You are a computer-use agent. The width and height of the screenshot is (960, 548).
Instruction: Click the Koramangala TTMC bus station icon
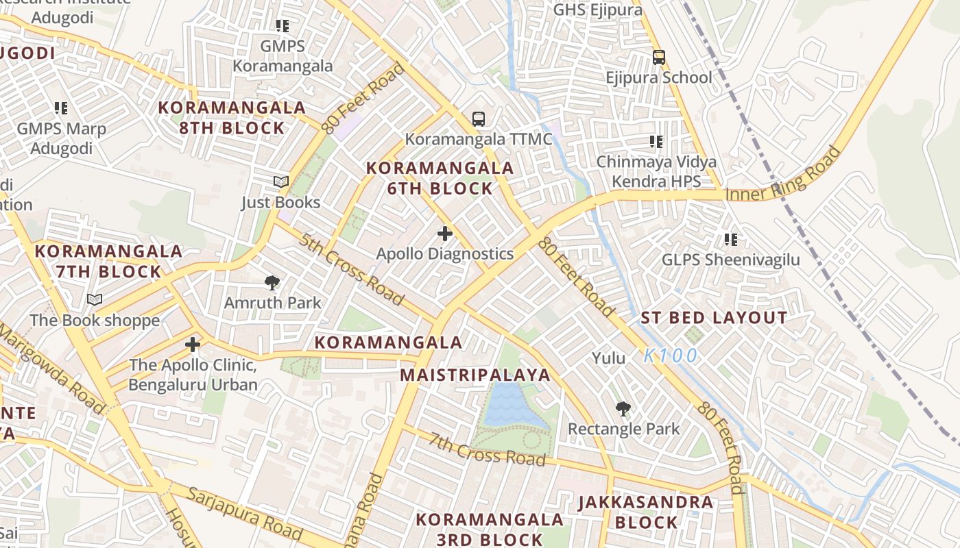click(479, 119)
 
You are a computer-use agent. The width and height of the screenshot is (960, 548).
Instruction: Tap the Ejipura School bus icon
click(659, 58)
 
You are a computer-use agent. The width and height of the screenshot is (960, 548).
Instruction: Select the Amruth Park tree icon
click(272, 282)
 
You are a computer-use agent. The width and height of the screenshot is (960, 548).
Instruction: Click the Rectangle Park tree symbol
click(623, 409)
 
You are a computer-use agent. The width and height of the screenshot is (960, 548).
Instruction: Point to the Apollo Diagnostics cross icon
click(445, 234)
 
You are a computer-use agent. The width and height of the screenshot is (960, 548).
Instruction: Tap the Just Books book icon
click(281, 182)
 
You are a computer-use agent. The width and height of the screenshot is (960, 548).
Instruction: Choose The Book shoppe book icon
click(95, 300)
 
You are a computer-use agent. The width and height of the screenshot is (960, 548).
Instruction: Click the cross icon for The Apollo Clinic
click(193, 345)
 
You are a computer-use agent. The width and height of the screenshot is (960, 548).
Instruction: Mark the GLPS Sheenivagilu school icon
click(731, 240)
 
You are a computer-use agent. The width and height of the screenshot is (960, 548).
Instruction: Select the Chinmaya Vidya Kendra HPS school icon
click(656, 142)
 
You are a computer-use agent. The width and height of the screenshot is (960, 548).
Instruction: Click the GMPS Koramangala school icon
click(283, 26)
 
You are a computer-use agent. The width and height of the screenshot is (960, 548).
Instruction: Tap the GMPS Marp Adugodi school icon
click(61, 108)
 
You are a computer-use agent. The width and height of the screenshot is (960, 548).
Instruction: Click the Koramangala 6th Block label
click(440, 178)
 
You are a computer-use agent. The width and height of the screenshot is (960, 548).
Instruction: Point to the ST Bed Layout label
click(714, 318)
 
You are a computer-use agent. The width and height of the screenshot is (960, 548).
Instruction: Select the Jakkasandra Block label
click(646, 512)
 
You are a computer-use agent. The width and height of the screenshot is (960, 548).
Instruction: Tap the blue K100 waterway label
click(671, 356)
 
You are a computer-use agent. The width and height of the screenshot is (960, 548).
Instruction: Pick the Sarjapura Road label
click(244, 514)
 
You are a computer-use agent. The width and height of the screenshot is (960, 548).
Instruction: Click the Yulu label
click(609, 358)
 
